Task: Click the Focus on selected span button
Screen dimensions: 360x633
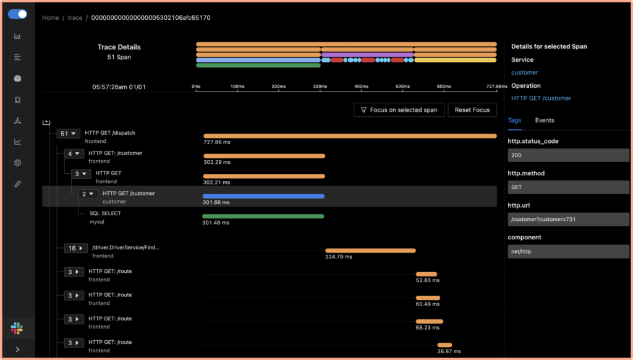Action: pos(399,109)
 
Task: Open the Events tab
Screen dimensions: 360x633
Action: pos(545,120)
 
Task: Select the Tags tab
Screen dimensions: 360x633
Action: pos(514,120)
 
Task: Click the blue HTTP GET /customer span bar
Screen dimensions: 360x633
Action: pos(263,196)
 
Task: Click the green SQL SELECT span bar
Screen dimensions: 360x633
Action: pos(263,216)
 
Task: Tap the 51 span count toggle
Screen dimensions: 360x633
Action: pos(68,133)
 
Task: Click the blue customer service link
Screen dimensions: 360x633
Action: pos(524,72)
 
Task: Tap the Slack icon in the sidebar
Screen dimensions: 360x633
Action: pos(17,328)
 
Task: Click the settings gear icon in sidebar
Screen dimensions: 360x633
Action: pos(17,163)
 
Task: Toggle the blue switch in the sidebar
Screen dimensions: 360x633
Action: pos(17,14)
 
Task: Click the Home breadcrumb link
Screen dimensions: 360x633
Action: pos(50,17)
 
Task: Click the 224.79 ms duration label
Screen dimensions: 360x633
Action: pos(338,257)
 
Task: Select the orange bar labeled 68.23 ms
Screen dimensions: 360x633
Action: pos(429,321)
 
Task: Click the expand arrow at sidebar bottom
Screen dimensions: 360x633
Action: pos(17,349)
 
